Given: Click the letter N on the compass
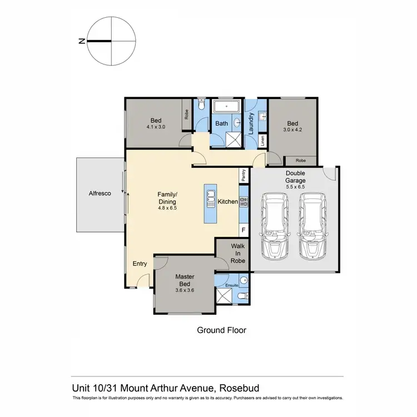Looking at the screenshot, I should (82, 41).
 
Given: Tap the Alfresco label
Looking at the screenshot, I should (101, 193).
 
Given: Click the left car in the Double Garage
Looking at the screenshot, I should (275, 225).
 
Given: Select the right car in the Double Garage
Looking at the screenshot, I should (312, 225).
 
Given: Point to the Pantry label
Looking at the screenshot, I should (243, 176).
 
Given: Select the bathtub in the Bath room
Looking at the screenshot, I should (227, 106).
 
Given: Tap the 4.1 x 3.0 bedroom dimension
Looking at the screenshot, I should (156, 127).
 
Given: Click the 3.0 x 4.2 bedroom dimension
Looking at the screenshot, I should (292, 131).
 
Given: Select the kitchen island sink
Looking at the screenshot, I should (211, 197).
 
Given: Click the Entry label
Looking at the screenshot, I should (139, 264).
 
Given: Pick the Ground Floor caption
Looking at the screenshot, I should (221, 330).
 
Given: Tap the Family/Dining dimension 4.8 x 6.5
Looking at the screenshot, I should (167, 208).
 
